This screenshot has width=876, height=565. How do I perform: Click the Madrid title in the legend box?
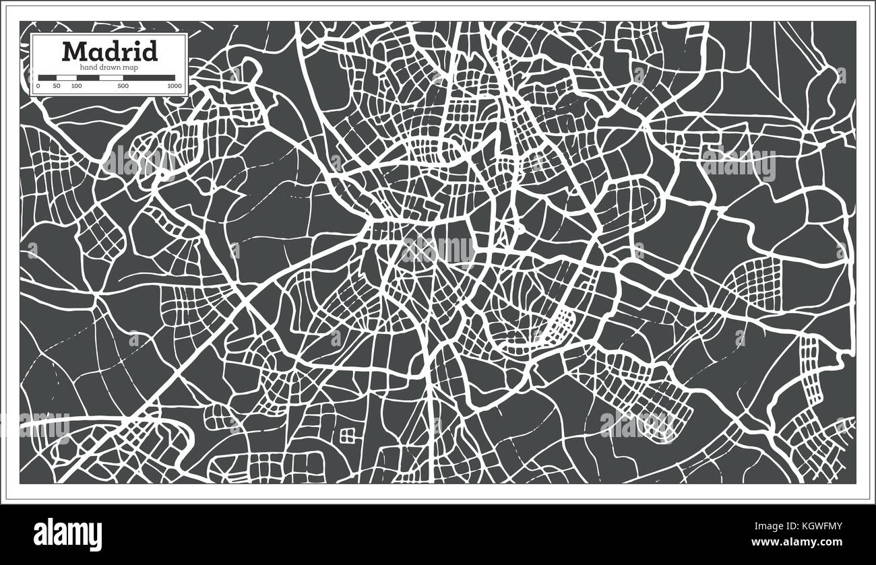(x=110, y=51)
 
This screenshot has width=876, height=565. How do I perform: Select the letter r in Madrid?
(x=126, y=53)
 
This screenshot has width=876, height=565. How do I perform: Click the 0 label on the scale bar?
(x=38, y=86)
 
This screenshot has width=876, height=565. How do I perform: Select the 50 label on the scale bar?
(x=57, y=86)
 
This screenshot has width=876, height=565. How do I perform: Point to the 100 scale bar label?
(x=76, y=86)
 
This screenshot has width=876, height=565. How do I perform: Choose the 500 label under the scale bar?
(x=123, y=86)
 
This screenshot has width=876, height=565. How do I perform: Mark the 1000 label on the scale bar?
(x=175, y=86)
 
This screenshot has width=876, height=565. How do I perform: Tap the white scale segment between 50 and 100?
(x=66, y=78)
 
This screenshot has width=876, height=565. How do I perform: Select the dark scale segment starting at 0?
(x=47, y=78)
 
